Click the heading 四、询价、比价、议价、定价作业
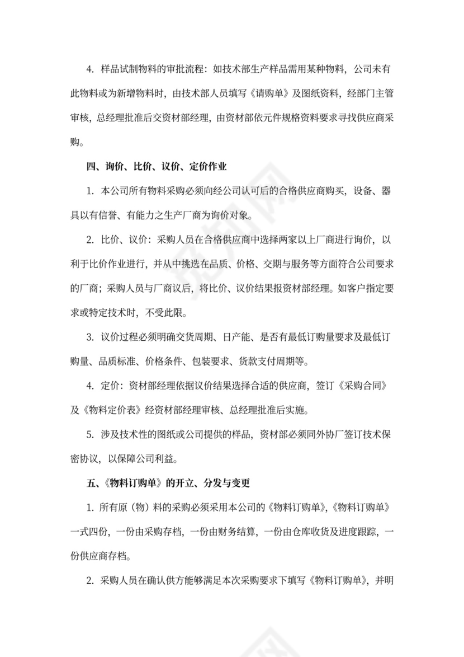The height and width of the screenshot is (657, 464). [x=156, y=166]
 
